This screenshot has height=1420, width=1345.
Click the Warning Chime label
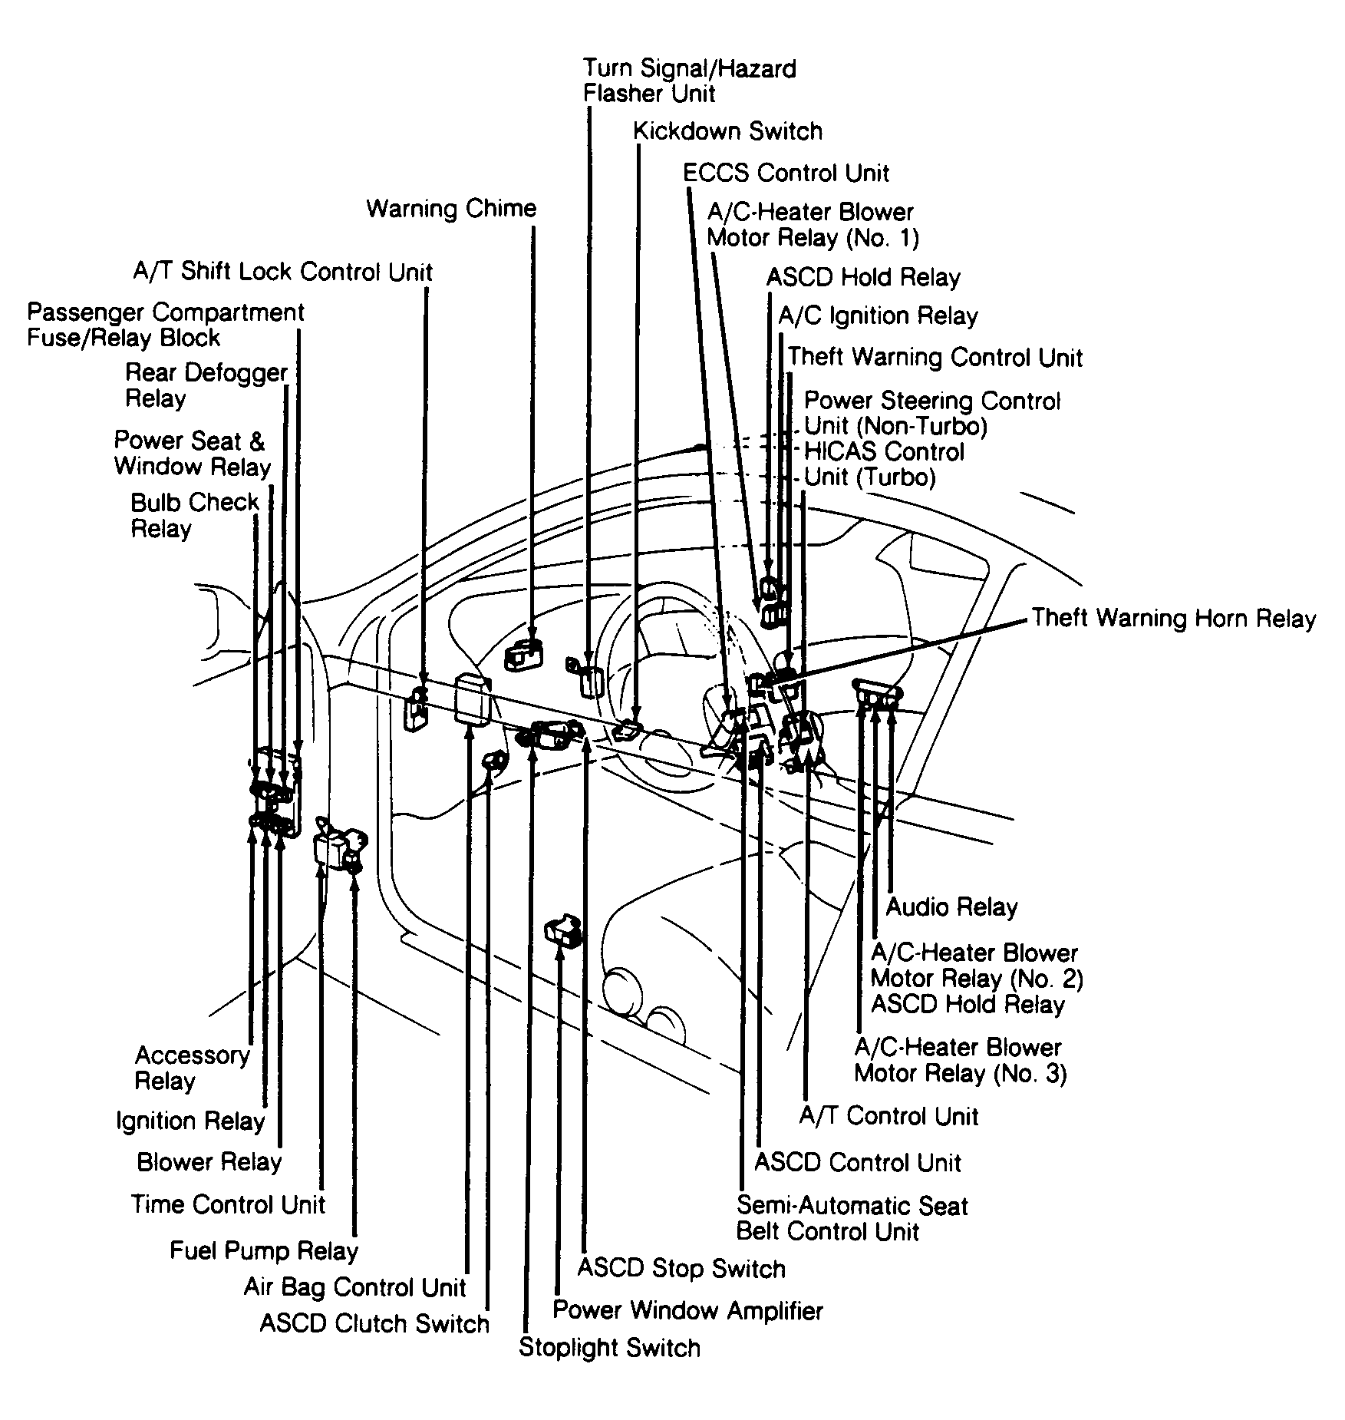click(x=451, y=209)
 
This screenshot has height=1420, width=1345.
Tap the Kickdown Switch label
click(x=727, y=131)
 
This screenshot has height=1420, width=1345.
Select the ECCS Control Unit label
click(x=786, y=173)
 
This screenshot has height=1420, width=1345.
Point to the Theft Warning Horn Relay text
click(x=1174, y=618)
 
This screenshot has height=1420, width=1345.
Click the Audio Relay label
click(x=951, y=906)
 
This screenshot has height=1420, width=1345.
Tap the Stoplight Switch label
click(x=609, y=1347)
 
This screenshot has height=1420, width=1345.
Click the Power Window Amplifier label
click(x=687, y=1309)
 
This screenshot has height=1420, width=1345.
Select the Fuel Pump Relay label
click(x=264, y=1251)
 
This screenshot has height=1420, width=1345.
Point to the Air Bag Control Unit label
click(x=354, y=1286)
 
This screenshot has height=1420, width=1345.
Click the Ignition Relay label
click(x=190, y=1121)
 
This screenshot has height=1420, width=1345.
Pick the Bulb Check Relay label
click(x=195, y=515)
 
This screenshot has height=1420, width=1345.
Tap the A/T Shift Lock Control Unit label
click(x=283, y=272)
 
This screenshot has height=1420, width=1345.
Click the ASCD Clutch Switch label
click(x=374, y=1323)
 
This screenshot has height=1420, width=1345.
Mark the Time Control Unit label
click(x=228, y=1204)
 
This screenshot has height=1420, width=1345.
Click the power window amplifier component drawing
click(x=563, y=930)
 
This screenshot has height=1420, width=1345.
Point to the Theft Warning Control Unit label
click(x=935, y=357)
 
